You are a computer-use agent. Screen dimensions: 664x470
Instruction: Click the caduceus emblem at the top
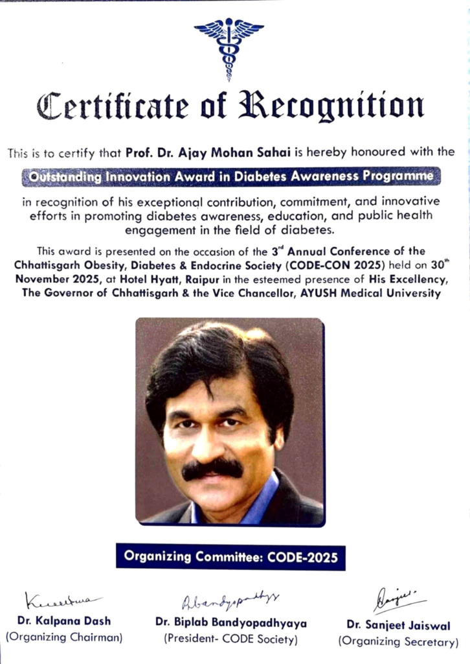pyautogui.click(x=229, y=47)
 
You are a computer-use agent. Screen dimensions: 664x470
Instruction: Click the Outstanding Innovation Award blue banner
pyautogui.click(x=231, y=176)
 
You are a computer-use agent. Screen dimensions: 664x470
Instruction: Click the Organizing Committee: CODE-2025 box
pyautogui.click(x=230, y=556)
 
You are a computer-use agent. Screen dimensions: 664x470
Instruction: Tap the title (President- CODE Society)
pyautogui.click(x=230, y=639)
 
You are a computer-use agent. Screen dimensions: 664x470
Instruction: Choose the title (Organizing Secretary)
pyautogui.click(x=397, y=642)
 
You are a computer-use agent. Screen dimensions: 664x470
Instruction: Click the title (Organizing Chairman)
pyautogui.click(x=63, y=637)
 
